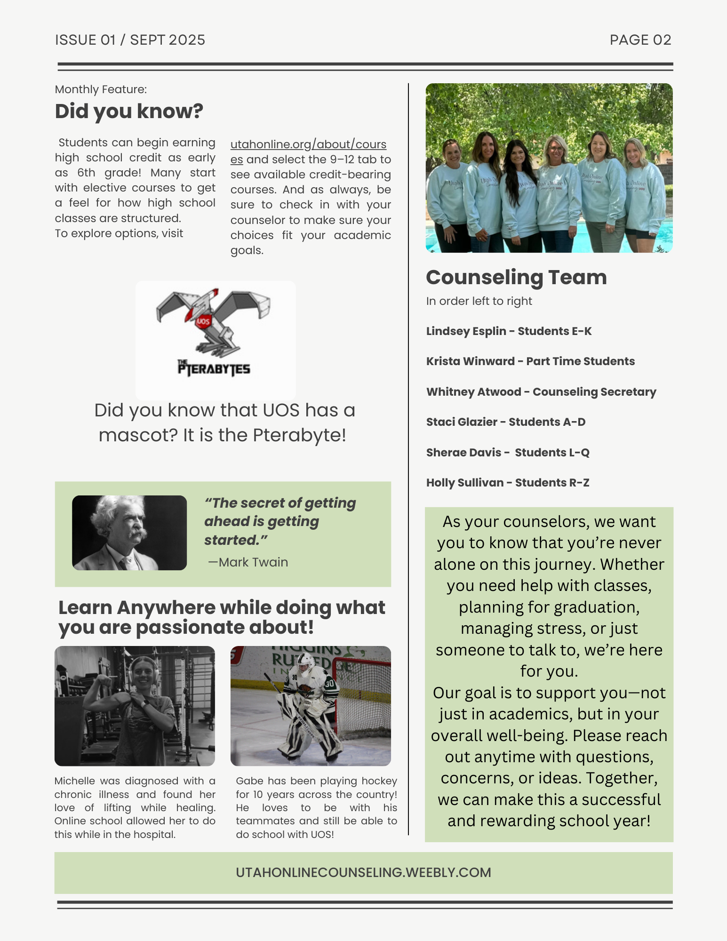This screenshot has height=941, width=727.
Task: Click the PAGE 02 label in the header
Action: (640, 40)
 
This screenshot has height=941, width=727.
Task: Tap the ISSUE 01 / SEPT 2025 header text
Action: (130, 40)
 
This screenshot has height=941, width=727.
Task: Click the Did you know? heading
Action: (129, 112)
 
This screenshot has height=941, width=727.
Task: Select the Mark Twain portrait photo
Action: (129, 533)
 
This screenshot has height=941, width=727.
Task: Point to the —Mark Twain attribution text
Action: (248, 562)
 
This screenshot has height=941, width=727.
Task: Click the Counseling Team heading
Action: (516, 277)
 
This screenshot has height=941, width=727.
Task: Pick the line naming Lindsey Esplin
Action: (509, 331)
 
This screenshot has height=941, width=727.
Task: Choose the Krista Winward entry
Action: (530, 361)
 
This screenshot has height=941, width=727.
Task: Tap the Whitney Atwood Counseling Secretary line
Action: (541, 392)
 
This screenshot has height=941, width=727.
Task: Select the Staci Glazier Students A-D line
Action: (506, 422)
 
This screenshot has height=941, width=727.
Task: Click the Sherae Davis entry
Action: (508, 453)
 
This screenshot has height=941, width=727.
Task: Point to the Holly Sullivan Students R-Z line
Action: (508, 483)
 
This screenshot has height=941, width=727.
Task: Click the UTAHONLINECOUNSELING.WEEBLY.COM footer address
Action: (363, 873)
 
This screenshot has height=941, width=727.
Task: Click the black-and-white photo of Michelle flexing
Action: (135, 706)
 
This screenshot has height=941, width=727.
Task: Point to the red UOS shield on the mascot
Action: (203, 322)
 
